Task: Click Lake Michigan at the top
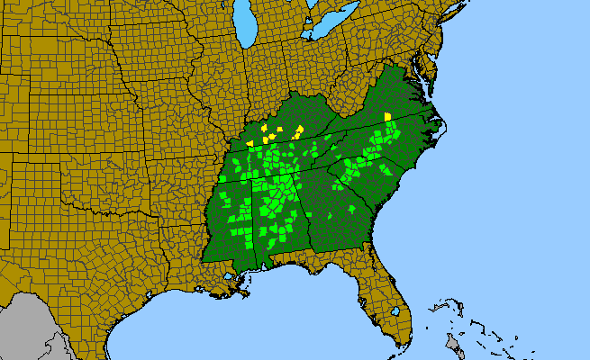point(241,27)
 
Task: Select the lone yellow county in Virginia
point(387,116)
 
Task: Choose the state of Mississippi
point(225,225)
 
